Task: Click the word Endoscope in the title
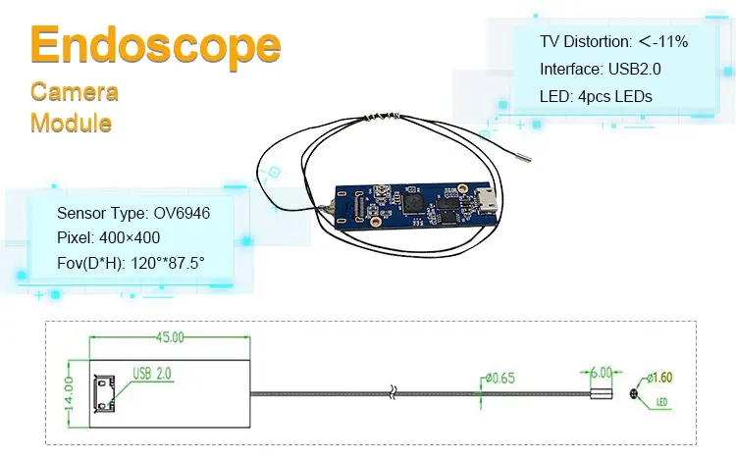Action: tap(155, 45)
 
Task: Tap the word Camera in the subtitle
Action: tap(75, 91)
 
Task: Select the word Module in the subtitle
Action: tap(71, 123)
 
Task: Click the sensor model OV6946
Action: tap(182, 213)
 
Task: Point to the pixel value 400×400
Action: tap(130, 237)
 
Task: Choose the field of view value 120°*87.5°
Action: tap(168, 263)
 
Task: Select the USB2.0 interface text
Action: tap(634, 69)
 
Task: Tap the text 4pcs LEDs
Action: tap(615, 96)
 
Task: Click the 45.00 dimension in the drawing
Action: tap(170, 337)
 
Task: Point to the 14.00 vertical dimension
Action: tap(69, 393)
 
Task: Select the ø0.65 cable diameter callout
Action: tap(499, 378)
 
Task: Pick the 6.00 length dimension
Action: tap(601, 373)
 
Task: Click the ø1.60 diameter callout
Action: tap(659, 378)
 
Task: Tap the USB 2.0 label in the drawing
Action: tap(152, 374)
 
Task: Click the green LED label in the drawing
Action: tap(661, 402)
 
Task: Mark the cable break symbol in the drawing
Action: tap(393, 393)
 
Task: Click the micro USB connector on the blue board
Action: tap(487, 200)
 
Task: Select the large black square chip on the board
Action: tap(413, 205)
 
